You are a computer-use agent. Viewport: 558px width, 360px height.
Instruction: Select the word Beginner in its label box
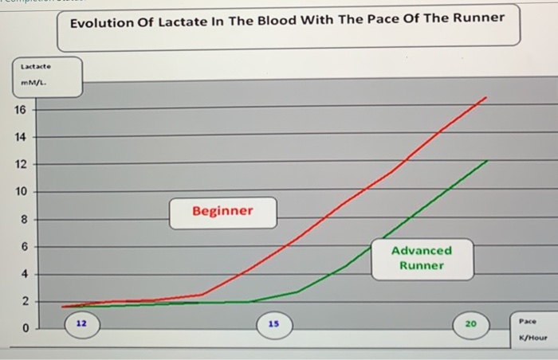coord(222,211)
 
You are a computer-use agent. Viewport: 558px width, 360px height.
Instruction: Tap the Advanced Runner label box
coord(422,257)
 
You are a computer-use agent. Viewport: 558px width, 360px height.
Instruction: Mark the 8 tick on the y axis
coord(24,220)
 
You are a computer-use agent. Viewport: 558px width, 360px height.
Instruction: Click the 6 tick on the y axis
coord(24,247)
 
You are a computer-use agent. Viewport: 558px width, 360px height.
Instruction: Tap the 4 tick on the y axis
coord(24,274)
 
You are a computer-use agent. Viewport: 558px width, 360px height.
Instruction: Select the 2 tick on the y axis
coord(24,302)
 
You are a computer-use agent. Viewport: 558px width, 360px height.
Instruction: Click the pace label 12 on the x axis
coord(82,324)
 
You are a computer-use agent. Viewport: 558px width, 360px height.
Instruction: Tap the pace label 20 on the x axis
coord(470,324)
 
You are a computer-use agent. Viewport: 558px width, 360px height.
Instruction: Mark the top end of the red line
coord(485,97)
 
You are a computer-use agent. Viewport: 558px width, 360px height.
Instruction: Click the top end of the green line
coord(486,160)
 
